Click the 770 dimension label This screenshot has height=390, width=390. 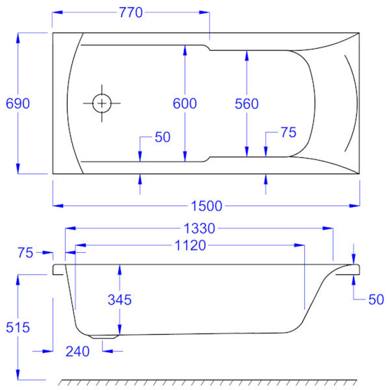[131, 12]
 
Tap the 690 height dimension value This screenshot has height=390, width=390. [18, 104]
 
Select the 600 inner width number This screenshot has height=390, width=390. [185, 104]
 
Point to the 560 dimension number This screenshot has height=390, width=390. [247, 104]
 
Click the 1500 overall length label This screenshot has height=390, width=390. [207, 206]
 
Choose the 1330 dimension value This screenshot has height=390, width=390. [199, 229]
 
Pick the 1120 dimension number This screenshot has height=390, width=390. [190, 245]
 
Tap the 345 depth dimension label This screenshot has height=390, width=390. [120, 300]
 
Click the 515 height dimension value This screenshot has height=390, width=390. [18, 328]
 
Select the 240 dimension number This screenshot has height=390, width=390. [77, 351]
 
